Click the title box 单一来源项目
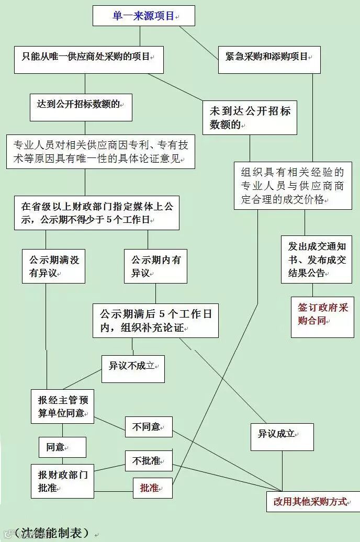tap(144, 16)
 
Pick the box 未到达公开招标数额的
tap(250, 118)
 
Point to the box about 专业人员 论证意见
tap(100, 152)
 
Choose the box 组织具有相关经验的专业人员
tap(292, 186)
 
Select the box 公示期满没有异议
tap(53, 266)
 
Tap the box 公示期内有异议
tap(155, 266)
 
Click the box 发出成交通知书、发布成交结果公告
tap(317, 259)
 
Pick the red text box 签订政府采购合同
tap(322, 318)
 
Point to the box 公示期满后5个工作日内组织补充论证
tap(155, 321)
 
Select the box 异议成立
tap(282, 437)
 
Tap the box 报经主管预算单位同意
tap(62, 406)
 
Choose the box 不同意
tap(149, 427)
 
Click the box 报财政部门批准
tap(62, 481)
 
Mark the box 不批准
tap(149, 461)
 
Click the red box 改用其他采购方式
tap(313, 502)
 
